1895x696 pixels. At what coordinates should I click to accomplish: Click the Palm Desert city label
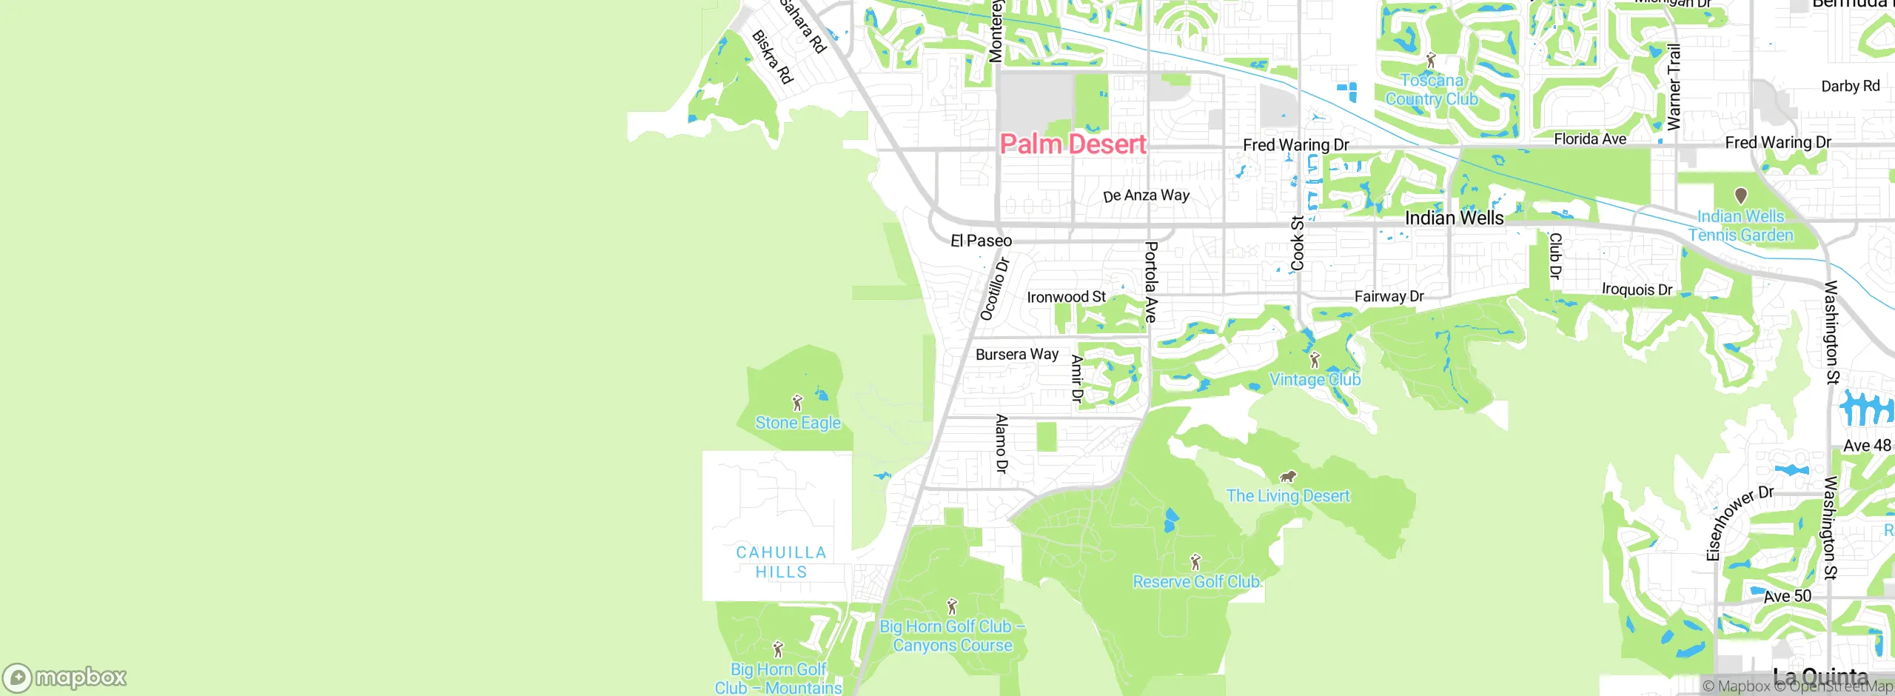1073,144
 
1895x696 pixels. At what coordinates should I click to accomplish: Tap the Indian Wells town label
1454,218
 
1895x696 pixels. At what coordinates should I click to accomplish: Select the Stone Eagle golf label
798,423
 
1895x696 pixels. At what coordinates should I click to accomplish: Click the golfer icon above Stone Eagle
797,403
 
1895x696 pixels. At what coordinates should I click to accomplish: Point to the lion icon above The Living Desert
1288,476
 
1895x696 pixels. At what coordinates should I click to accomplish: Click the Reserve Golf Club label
1196,582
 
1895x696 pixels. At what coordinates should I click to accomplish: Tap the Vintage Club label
1315,380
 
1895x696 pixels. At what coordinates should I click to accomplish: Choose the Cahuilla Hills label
781,562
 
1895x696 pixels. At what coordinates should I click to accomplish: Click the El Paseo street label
981,241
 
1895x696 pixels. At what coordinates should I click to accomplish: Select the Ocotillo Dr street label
994,289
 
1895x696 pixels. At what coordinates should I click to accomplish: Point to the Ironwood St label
1066,297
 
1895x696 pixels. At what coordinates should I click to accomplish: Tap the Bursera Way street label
1017,355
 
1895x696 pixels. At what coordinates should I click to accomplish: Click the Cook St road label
1298,243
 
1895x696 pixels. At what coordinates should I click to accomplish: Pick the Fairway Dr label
1389,296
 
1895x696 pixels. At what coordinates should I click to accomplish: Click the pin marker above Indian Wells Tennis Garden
1740,195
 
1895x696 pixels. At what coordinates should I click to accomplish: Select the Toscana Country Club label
1432,90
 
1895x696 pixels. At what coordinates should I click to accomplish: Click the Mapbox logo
65,677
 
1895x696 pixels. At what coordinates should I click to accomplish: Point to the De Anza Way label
1146,195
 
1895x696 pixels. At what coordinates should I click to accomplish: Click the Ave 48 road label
1867,446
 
